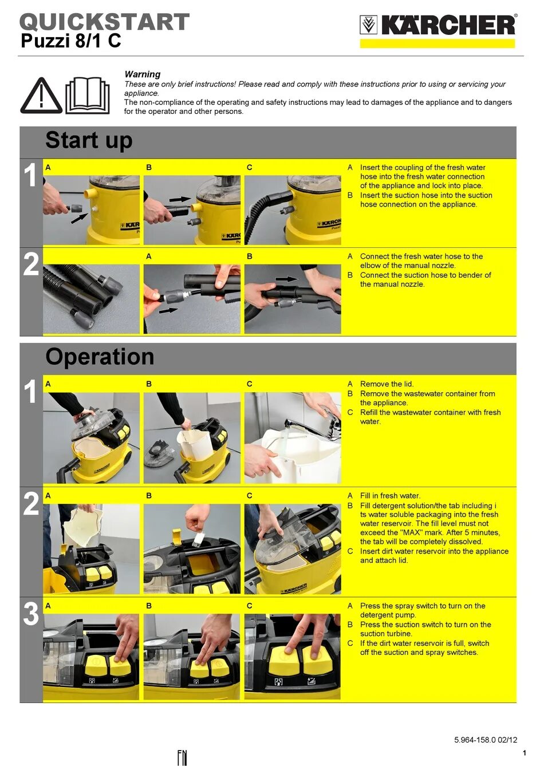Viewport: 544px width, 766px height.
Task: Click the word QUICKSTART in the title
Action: pyautogui.click(x=104, y=22)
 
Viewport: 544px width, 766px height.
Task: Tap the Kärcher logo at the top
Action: pyautogui.click(x=438, y=25)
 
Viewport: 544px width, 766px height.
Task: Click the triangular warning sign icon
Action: pyautogui.click(x=41, y=96)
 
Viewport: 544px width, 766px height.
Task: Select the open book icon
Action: pyautogui.click(x=88, y=96)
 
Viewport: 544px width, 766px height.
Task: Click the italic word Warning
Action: pyautogui.click(x=143, y=74)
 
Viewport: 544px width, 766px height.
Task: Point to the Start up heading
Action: pyautogui.click(x=89, y=140)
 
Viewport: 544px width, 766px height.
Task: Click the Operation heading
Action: pyautogui.click(x=100, y=357)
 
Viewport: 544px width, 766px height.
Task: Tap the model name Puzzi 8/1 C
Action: pyautogui.click(x=71, y=41)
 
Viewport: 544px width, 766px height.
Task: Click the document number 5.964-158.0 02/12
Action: pyautogui.click(x=486, y=740)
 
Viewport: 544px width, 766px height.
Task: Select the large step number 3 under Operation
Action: pyautogui.click(x=31, y=614)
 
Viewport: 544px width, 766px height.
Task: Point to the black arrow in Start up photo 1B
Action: pyautogui.click(x=180, y=199)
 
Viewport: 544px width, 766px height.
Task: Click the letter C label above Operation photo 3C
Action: pyautogui.click(x=250, y=606)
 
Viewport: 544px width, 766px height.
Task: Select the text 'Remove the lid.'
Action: pyautogui.click(x=387, y=384)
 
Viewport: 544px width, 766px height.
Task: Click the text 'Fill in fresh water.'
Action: pyautogui.click(x=390, y=496)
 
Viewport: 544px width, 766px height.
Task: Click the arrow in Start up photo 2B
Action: pyautogui.click(x=287, y=279)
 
